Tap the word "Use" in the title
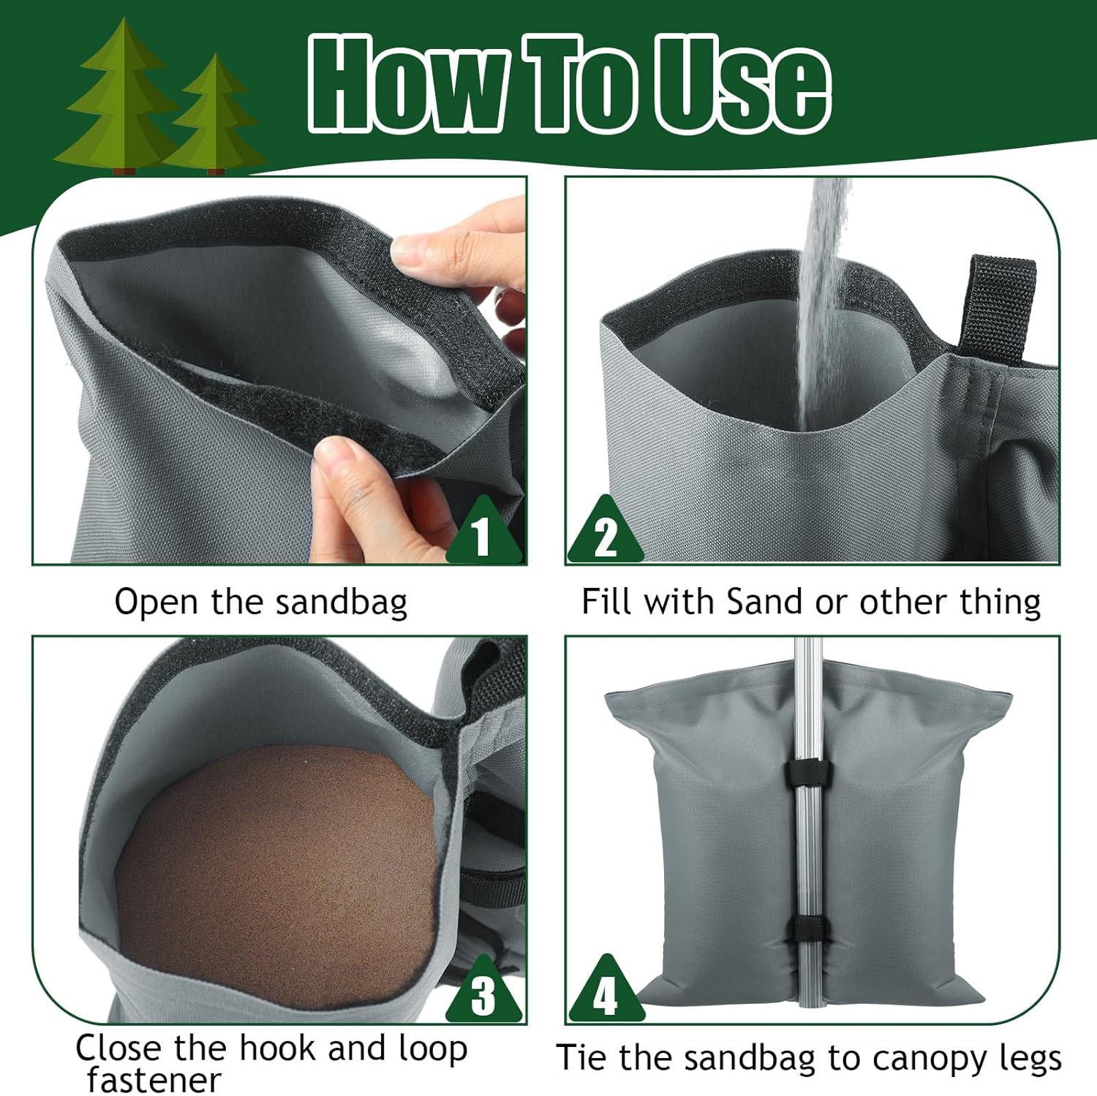(x=742, y=84)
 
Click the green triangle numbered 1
(x=482, y=533)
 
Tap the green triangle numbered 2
(x=606, y=533)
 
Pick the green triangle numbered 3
(x=483, y=992)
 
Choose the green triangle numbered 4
(x=606, y=992)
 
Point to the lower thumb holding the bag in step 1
(x=338, y=468)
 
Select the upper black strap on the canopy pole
(x=803, y=774)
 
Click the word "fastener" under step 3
(x=154, y=1079)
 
